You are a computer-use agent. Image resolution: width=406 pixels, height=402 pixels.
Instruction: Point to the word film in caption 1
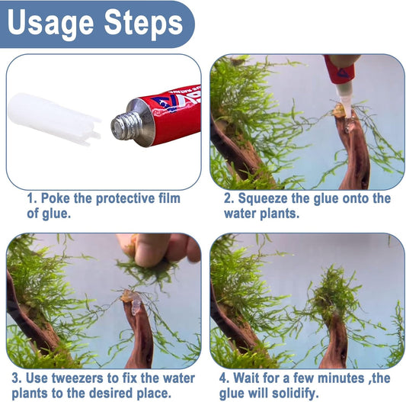pyautogui.click(x=166, y=199)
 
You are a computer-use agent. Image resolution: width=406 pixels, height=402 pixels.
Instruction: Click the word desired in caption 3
pyautogui.click(x=133, y=393)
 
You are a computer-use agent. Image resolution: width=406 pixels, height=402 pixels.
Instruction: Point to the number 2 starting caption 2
pyautogui.click(x=228, y=199)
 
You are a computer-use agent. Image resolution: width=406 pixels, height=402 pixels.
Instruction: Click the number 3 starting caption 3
pyautogui.click(x=17, y=378)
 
